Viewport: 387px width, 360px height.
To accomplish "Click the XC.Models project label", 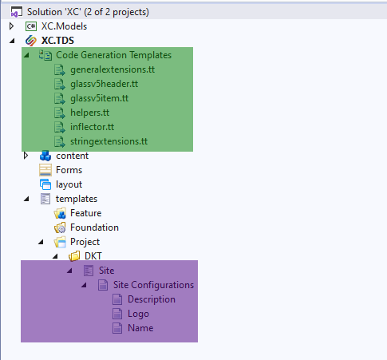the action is pyautogui.click(x=64, y=26).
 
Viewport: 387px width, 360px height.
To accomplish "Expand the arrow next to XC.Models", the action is pyautogui.click(x=11, y=26).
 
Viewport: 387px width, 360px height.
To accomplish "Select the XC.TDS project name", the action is pyautogui.click(x=57, y=41).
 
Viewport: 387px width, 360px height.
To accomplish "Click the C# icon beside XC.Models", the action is pyautogui.click(x=31, y=26).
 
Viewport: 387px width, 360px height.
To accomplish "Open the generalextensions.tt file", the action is pyautogui.click(x=113, y=69).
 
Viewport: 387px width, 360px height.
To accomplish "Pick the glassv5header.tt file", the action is pyautogui.click(x=104, y=84).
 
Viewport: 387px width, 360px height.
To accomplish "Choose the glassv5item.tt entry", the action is pyautogui.click(x=99, y=98).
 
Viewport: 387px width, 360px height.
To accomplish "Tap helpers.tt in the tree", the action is pyautogui.click(x=89, y=113).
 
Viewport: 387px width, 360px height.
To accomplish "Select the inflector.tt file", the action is pyautogui.click(x=92, y=127).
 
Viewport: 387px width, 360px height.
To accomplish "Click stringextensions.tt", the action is pyautogui.click(x=109, y=141).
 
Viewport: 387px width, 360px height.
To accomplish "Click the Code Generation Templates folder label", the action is pyautogui.click(x=113, y=55).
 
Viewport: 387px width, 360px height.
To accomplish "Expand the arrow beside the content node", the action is pyautogui.click(x=26, y=156).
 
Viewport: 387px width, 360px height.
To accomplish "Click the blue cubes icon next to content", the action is pyautogui.click(x=45, y=156).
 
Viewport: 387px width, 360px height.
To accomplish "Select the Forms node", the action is pyautogui.click(x=69, y=170).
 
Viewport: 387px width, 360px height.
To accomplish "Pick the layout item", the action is pyautogui.click(x=69, y=184).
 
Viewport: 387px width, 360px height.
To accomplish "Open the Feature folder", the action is pyautogui.click(x=85, y=213).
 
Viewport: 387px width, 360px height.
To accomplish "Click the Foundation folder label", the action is pyautogui.click(x=94, y=227).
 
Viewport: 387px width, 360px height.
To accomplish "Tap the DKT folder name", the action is pyautogui.click(x=93, y=256).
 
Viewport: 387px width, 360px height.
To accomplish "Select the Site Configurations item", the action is pyautogui.click(x=153, y=285).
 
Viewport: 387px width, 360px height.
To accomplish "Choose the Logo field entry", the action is pyautogui.click(x=138, y=314).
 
